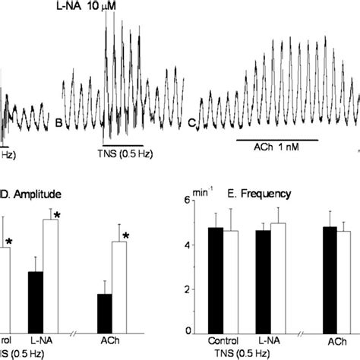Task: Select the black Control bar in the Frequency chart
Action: coord(216,281)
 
